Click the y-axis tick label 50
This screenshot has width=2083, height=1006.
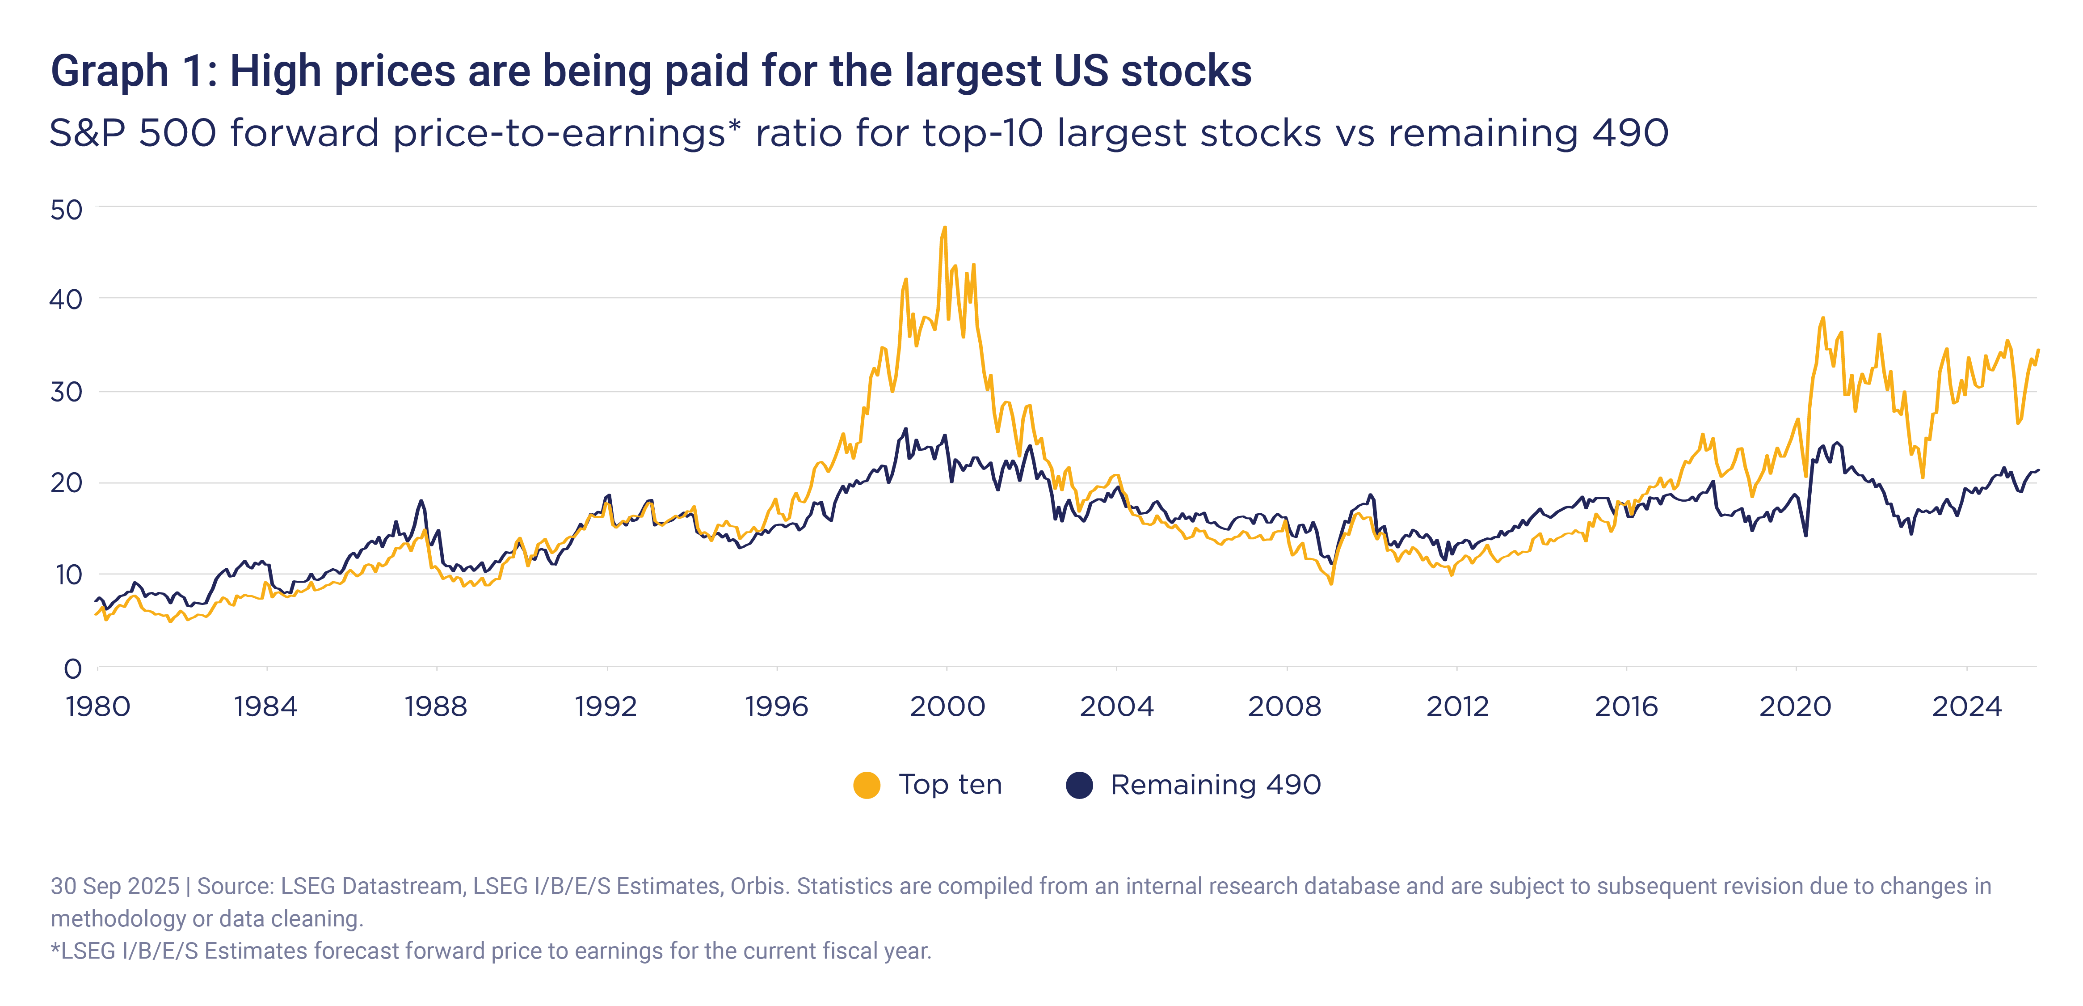click(66, 210)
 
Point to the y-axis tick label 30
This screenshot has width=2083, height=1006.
click(66, 392)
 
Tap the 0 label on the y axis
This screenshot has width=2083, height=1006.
click(73, 669)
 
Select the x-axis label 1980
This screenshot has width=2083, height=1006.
click(98, 707)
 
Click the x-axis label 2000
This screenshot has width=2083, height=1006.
click(947, 707)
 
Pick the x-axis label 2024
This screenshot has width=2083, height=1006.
click(1966, 707)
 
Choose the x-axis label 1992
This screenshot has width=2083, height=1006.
click(606, 707)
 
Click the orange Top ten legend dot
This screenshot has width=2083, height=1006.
click(867, 785)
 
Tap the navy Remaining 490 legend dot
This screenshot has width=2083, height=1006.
click(1080, 785)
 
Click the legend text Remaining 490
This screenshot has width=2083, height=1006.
click(1216, 785)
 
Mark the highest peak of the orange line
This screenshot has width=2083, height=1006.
click(944, 228)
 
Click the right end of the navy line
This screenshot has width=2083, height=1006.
click(2038, 470)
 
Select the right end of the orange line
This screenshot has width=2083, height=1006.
click(2038, 350)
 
